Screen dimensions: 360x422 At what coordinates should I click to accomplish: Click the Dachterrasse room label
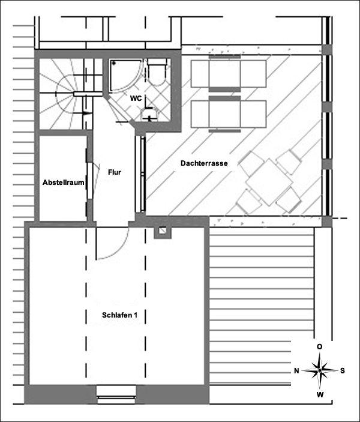[x=204, y=163]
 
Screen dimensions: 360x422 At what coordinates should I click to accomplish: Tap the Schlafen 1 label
[x=119, y=315]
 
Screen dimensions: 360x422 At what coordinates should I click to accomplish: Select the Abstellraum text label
[x=63, y=182]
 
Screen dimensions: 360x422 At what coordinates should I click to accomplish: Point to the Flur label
[x=115, y=172]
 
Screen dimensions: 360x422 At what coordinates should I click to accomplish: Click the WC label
[x=136, y=98]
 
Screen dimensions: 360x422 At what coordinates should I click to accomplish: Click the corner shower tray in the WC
[x=125, y=76]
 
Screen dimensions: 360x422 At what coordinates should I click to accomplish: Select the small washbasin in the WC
[x=149, y=114]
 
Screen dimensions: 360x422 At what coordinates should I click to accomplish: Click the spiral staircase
[x=66, y=94]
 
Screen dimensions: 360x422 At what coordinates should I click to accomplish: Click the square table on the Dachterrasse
[x=269, y=182]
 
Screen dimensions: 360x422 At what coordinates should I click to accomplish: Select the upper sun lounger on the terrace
[x=229, y=73]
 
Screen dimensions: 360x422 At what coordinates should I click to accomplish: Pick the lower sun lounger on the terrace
[x=229, y=114]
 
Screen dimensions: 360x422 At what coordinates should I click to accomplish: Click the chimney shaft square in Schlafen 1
[x=162, y=231]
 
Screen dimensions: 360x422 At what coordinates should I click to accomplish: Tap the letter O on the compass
[x=319, y=346]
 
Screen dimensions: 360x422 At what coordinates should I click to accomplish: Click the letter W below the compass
[x=320, y=395]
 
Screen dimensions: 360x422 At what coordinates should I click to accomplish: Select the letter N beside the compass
[x=296, y=371]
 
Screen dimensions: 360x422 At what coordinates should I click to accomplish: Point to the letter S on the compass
[x=343, y=371]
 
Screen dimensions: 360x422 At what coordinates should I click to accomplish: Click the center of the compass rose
[x=320, y=370]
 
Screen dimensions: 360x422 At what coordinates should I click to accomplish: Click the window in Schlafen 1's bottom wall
[x=116, y=394]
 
